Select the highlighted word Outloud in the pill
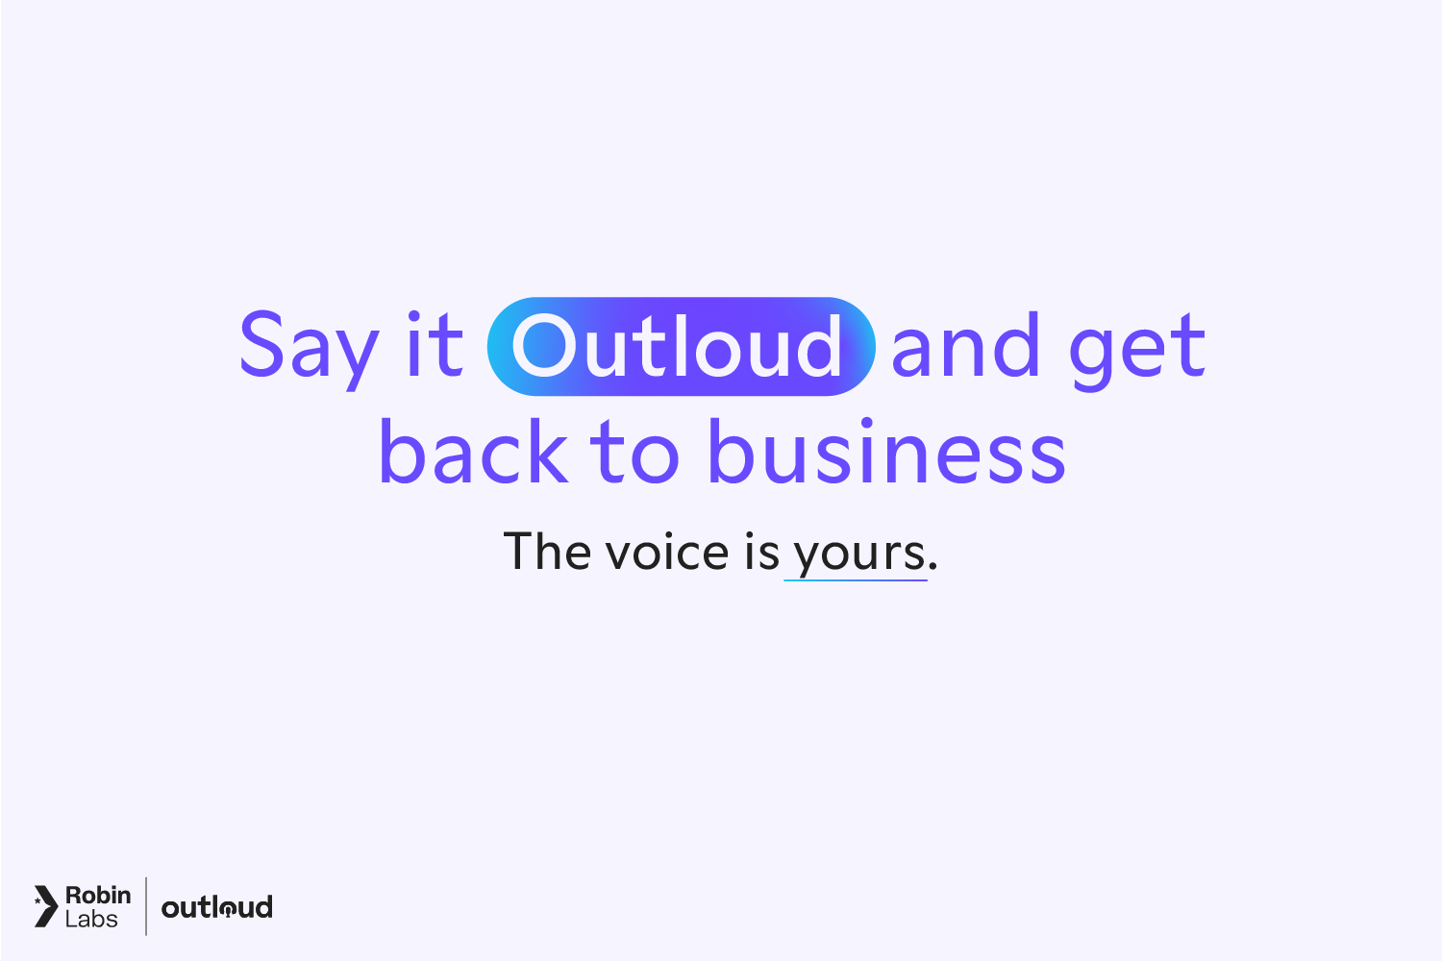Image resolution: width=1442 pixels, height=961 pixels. [x=681, y=347]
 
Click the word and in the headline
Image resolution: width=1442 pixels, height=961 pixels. [x=965, y=345]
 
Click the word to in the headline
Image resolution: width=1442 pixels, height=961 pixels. [x=634, y=453]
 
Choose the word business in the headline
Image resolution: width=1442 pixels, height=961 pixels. [x=886, y=451]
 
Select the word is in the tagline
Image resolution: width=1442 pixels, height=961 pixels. [x=761, y=553]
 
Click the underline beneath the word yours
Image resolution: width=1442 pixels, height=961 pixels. [x=856, y=580]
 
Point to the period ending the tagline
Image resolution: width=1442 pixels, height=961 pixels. [x=932, y=567]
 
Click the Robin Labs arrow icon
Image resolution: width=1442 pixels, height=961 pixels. [x=45, y=906]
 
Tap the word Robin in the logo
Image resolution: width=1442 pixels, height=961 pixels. [x=98, y=895]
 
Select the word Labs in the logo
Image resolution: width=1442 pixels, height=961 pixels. [x=91, y=920]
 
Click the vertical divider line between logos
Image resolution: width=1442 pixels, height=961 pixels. [x=146, y=905]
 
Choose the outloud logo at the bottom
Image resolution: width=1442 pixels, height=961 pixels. [x=216, y=907]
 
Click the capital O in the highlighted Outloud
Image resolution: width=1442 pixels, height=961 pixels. [x=543, y=347]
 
